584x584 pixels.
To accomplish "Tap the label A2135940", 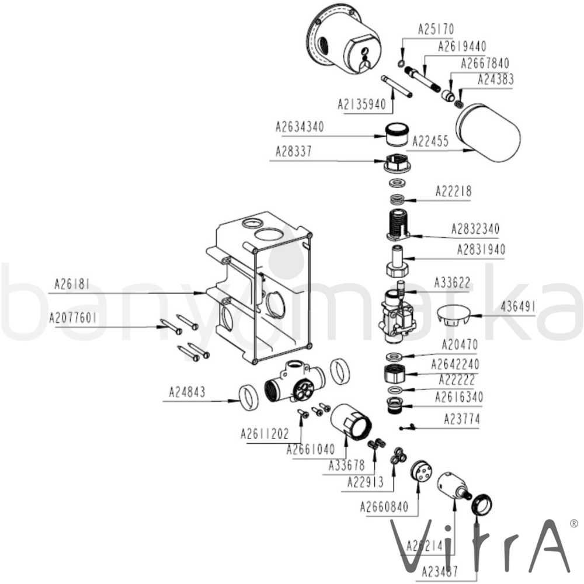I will pos(361,105).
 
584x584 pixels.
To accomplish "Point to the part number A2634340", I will pos(299,127).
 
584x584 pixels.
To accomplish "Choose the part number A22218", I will pos(453,191).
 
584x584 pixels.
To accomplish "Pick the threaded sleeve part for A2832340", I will pos(399,225).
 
